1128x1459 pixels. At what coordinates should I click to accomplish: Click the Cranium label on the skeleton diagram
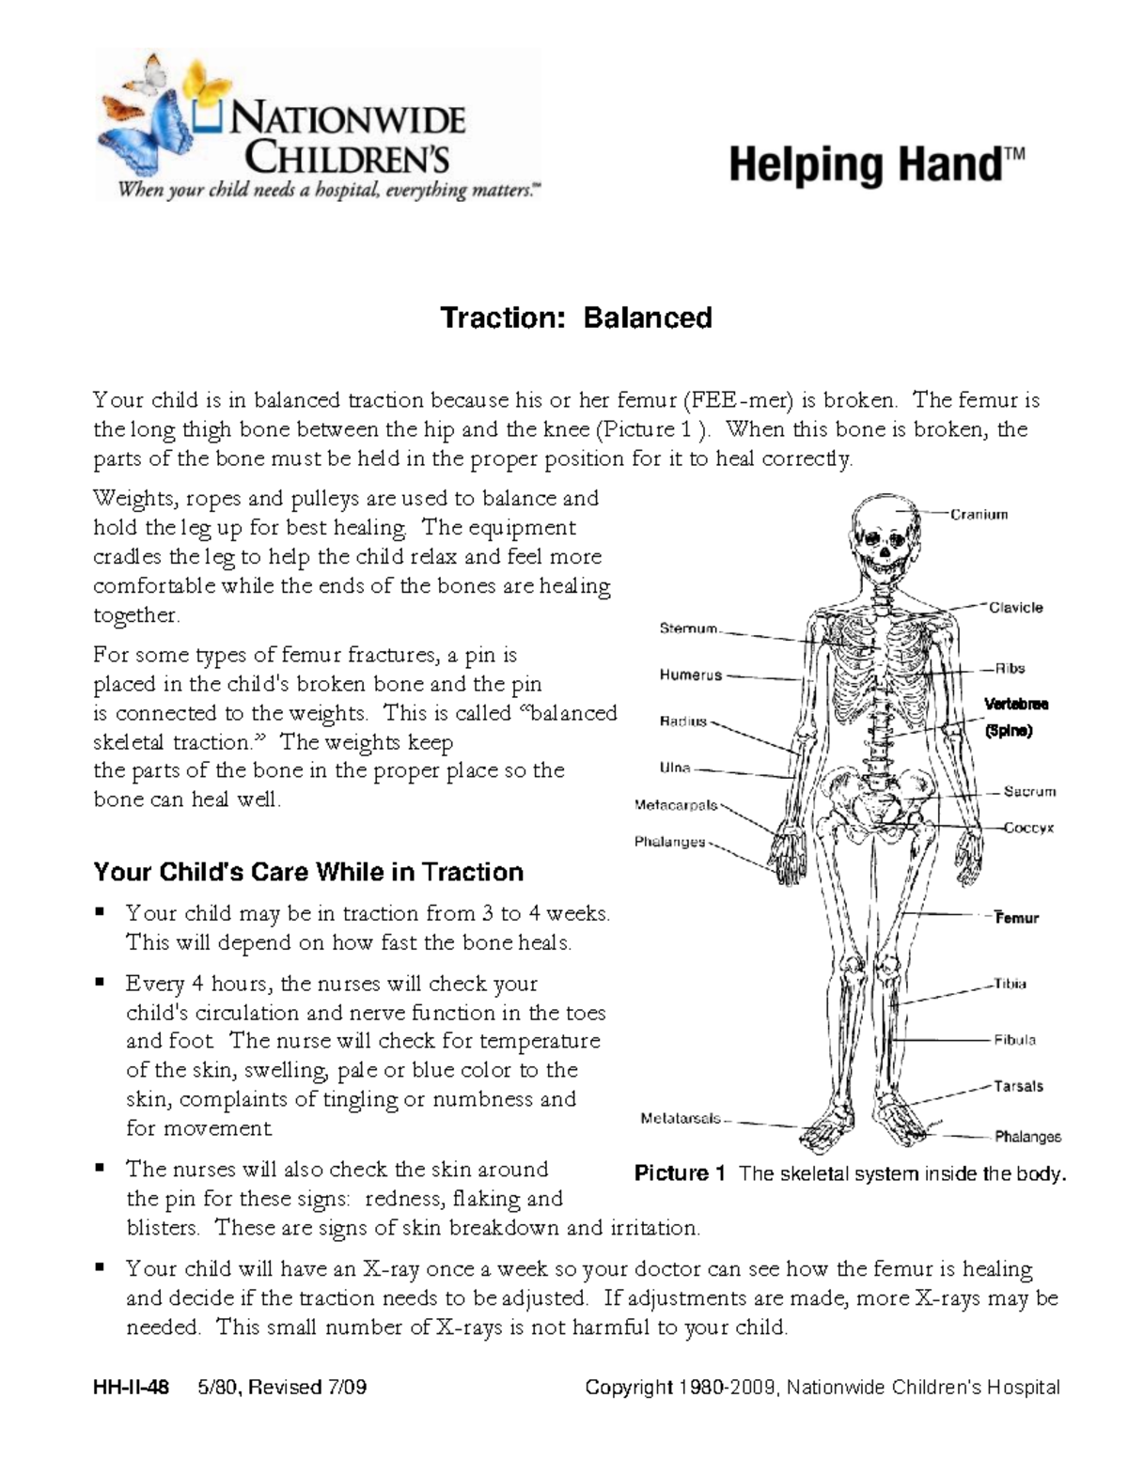coord(979,515)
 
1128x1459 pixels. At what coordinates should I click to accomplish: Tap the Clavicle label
coord(1015,608)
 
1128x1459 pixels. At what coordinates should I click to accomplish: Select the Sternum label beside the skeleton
coord(688,629)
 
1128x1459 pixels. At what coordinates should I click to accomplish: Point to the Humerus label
coord(690,675)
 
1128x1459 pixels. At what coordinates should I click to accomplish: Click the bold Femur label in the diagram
coord(1017,918)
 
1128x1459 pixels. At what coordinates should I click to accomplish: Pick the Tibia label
coord(1010,984)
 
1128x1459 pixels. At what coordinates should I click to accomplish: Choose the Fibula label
coord(1015,1040)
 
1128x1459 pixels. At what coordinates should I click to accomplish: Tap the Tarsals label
coord(1018,1086)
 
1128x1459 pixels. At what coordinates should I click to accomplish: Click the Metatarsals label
coord(681,1118)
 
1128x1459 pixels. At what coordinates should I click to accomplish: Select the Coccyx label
coord(1028,829)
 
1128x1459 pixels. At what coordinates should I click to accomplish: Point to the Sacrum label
coord(1029,792)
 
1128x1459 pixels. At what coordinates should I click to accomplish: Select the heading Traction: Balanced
coord(576,318)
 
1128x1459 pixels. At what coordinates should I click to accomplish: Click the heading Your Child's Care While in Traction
coord(308,872)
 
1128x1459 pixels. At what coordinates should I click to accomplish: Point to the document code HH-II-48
coord(132,1388)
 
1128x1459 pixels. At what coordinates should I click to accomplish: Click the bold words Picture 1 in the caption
coord(680,1173)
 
